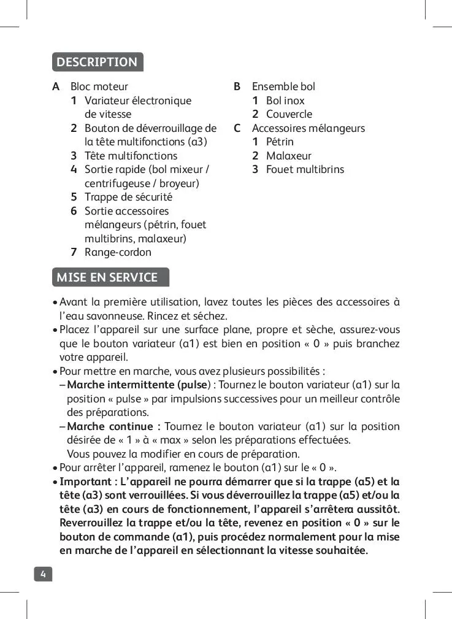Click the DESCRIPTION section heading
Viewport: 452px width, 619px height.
97,62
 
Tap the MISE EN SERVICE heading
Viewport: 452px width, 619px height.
107,277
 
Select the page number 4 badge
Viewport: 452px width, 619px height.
43,574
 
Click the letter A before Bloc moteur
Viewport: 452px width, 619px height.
56,87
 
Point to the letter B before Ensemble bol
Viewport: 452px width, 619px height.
237,87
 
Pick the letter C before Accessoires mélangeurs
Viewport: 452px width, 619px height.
237,128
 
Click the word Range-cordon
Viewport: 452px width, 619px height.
118,252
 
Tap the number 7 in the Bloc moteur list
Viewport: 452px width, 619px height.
74,252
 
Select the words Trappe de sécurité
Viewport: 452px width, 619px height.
128,197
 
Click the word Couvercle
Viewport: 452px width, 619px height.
289,114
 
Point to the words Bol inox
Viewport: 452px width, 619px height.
285,101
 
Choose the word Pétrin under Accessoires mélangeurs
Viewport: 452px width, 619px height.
280,142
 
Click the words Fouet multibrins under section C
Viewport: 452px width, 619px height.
305,169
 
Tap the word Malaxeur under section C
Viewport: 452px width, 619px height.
288,156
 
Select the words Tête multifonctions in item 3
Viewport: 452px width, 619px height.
131,156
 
